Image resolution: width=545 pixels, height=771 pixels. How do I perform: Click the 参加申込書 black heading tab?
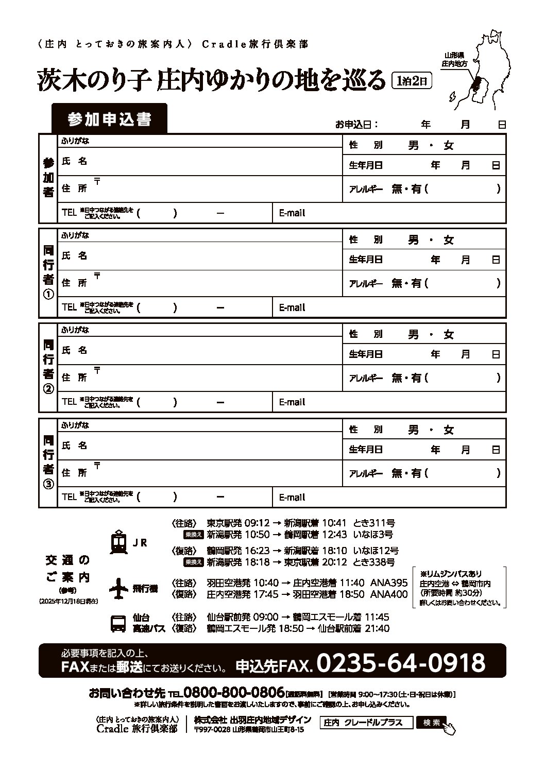(109, 119)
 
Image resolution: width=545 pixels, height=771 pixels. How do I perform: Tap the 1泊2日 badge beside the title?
(411, 80)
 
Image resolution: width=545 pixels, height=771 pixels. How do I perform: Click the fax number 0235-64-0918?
(401, 663)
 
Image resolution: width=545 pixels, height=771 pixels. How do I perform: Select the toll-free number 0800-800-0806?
(234, 692)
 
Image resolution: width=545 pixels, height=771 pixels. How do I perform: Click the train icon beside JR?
(119, 542)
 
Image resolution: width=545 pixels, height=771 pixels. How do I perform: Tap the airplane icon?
(119, 588)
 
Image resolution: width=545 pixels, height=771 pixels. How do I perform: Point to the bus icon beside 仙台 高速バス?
(118, 623)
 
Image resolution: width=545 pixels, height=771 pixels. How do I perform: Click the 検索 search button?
(432, 723)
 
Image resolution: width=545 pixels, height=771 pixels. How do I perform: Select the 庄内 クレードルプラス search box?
(367, 723)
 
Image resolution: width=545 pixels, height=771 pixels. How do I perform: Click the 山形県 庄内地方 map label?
(454, 60)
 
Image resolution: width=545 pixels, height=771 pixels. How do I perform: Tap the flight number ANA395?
(389, 583)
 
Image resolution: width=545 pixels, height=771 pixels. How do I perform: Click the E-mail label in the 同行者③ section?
(292, 498)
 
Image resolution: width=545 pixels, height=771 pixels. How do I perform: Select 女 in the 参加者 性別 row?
(449, 146)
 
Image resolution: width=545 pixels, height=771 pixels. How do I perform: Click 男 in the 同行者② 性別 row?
(413, 335)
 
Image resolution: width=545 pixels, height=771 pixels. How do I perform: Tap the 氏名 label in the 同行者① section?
(74, 256)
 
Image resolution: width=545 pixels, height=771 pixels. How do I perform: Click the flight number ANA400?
(389, 594)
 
